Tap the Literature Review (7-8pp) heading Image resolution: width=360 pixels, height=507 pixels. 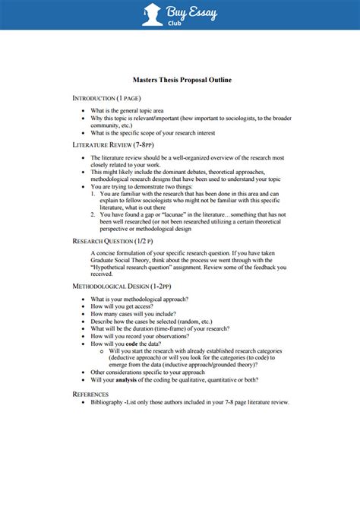(113, 143)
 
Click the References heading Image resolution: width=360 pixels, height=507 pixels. (90, 394)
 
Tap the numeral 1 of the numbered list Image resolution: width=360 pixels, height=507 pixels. (91, 194)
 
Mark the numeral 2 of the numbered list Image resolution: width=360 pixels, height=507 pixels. (91, 215)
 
